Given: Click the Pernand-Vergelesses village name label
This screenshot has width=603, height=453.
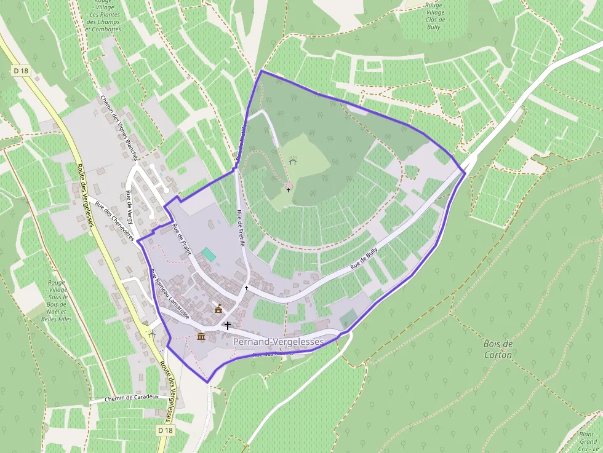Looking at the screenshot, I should pos(278,342).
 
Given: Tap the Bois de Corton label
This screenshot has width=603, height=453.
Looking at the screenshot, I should pos(498,349).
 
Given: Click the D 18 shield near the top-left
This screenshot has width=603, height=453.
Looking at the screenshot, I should pos(21,71).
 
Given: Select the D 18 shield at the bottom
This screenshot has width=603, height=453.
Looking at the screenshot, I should pos(164,430).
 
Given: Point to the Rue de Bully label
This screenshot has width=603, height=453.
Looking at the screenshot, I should pos(364,260).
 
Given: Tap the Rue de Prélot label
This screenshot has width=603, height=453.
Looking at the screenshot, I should pos(182,239).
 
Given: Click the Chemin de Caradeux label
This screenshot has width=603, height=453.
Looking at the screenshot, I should pos(132,397).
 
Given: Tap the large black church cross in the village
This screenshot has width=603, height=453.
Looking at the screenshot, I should pos(228,325).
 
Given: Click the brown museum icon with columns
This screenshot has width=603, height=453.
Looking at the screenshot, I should pos(201,336).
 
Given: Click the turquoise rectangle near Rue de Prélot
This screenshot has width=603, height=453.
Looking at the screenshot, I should pos(209,254).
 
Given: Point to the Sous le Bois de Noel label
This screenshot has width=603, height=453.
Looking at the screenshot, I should pos(57,301).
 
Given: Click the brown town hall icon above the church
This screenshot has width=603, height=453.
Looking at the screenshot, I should pos(218,309).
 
